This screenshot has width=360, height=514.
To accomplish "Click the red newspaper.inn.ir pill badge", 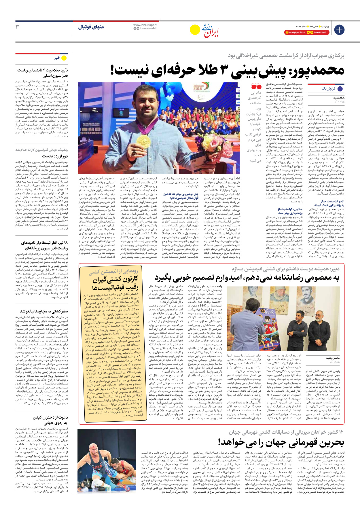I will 295,33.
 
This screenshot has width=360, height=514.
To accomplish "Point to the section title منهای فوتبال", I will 91,27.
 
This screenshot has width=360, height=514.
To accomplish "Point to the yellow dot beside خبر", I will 64,58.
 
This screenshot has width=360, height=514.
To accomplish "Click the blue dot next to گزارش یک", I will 340,89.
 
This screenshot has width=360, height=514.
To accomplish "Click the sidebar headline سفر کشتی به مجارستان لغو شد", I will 44,311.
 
